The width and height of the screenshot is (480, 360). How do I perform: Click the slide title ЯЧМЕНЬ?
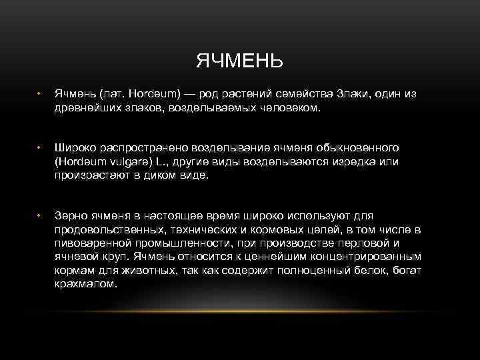[x=240, y=61]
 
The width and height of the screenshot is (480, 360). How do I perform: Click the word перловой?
[x=357, y=243]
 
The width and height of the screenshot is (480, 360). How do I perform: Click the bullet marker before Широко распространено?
[x=39, y=147]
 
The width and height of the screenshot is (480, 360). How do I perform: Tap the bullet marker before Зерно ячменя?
[x=39, y=215]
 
